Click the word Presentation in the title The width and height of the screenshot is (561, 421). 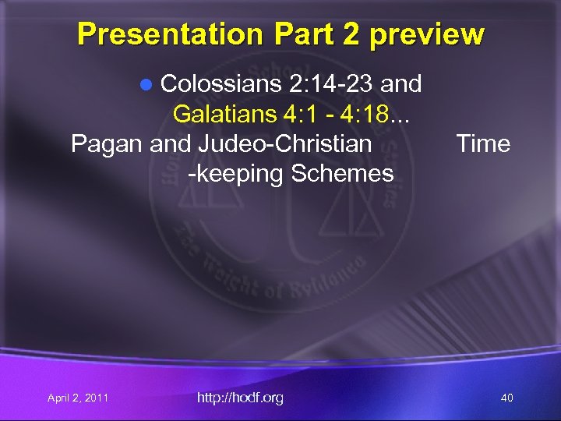pos(170,34)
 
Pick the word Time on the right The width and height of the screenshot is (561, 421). pos(483,143)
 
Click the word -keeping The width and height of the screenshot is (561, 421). pos(236,173)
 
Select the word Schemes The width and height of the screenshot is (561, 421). pos(342,173)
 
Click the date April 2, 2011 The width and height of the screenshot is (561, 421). pos(78,398)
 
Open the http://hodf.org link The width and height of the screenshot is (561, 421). pos(240,398)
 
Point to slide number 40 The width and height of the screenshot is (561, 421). pos(506,398)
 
